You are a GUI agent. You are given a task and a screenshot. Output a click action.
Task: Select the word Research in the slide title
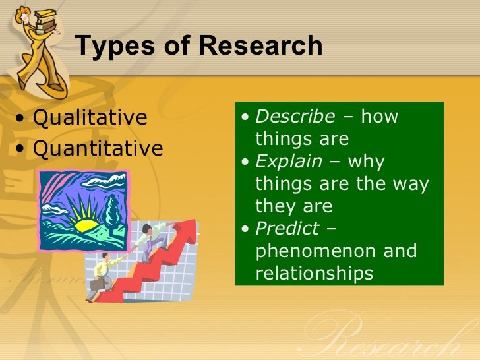(260, 46)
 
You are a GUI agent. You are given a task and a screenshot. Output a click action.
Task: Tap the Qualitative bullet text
(90, 118)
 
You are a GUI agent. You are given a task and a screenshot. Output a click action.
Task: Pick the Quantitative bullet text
(98, 148)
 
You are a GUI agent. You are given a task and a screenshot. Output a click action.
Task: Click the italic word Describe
(295, 117)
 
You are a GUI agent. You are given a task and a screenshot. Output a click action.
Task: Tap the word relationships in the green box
(314, 273)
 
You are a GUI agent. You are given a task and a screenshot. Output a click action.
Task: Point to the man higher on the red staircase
(155, 237)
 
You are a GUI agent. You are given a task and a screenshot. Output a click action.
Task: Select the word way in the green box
(413, 184)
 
